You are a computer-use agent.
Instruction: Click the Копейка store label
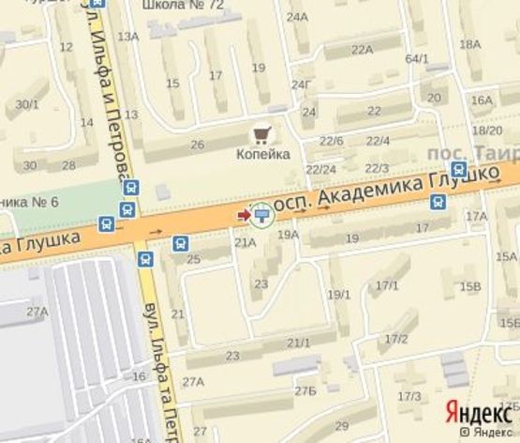click(261, 154)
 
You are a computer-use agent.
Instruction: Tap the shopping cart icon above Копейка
click(261, 135)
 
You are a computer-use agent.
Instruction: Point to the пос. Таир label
click(469, 152)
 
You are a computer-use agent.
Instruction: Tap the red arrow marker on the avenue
click(244, 216)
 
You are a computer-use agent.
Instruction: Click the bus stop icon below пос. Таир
click(458, 170)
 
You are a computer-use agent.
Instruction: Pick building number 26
click(198, 144)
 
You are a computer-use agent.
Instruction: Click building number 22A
click(362, 50)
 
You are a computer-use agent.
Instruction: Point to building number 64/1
click(417, 59)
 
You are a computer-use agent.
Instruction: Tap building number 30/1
click(28, 105)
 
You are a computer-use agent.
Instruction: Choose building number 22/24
click(321, 169)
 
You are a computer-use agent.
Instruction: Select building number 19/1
click(338, 295)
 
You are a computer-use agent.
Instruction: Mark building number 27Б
click(305, 390)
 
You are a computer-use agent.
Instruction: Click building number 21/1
click(299, 343)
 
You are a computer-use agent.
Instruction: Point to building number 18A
click(470, 44)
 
